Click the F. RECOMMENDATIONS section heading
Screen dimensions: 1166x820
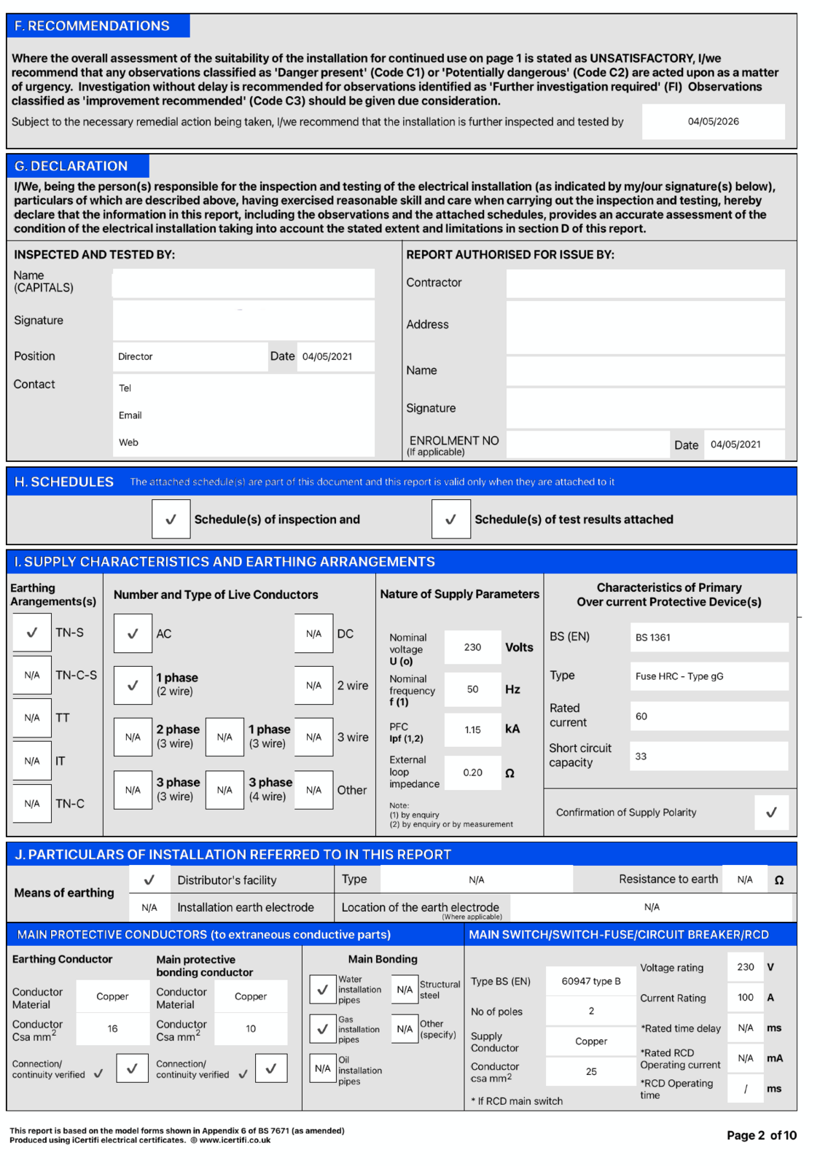[x=92, y=26]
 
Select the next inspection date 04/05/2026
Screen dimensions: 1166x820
[x=713, y=122]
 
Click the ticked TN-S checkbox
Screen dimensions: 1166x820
[x=32, y=633]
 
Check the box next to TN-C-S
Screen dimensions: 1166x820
[x=32, y=675]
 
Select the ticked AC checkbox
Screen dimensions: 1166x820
[x=133, y=634]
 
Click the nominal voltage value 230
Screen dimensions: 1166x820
[x=472, y=647]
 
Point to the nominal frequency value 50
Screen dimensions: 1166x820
[x=472, y=689]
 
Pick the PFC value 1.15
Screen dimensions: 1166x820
[x=472, y=729]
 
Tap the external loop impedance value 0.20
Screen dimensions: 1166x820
[x=472, y=772]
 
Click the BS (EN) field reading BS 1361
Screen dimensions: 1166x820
[x=708, y=638]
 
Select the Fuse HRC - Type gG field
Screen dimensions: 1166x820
[x=708, y=676]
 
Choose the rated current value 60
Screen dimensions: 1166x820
[x=708, y=716]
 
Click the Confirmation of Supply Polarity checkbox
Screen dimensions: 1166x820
[x=771, y=813]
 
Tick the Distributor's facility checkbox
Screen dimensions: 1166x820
[x=149, y=880]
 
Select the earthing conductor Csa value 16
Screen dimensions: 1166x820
[x=112, y=1029]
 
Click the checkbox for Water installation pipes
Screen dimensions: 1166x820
[x=322, y=990]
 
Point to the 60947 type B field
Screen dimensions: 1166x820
[x=591, y=982]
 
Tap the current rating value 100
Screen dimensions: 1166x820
[x=745, y=998]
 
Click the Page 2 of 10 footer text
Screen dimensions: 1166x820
[x=761, y=1135]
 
